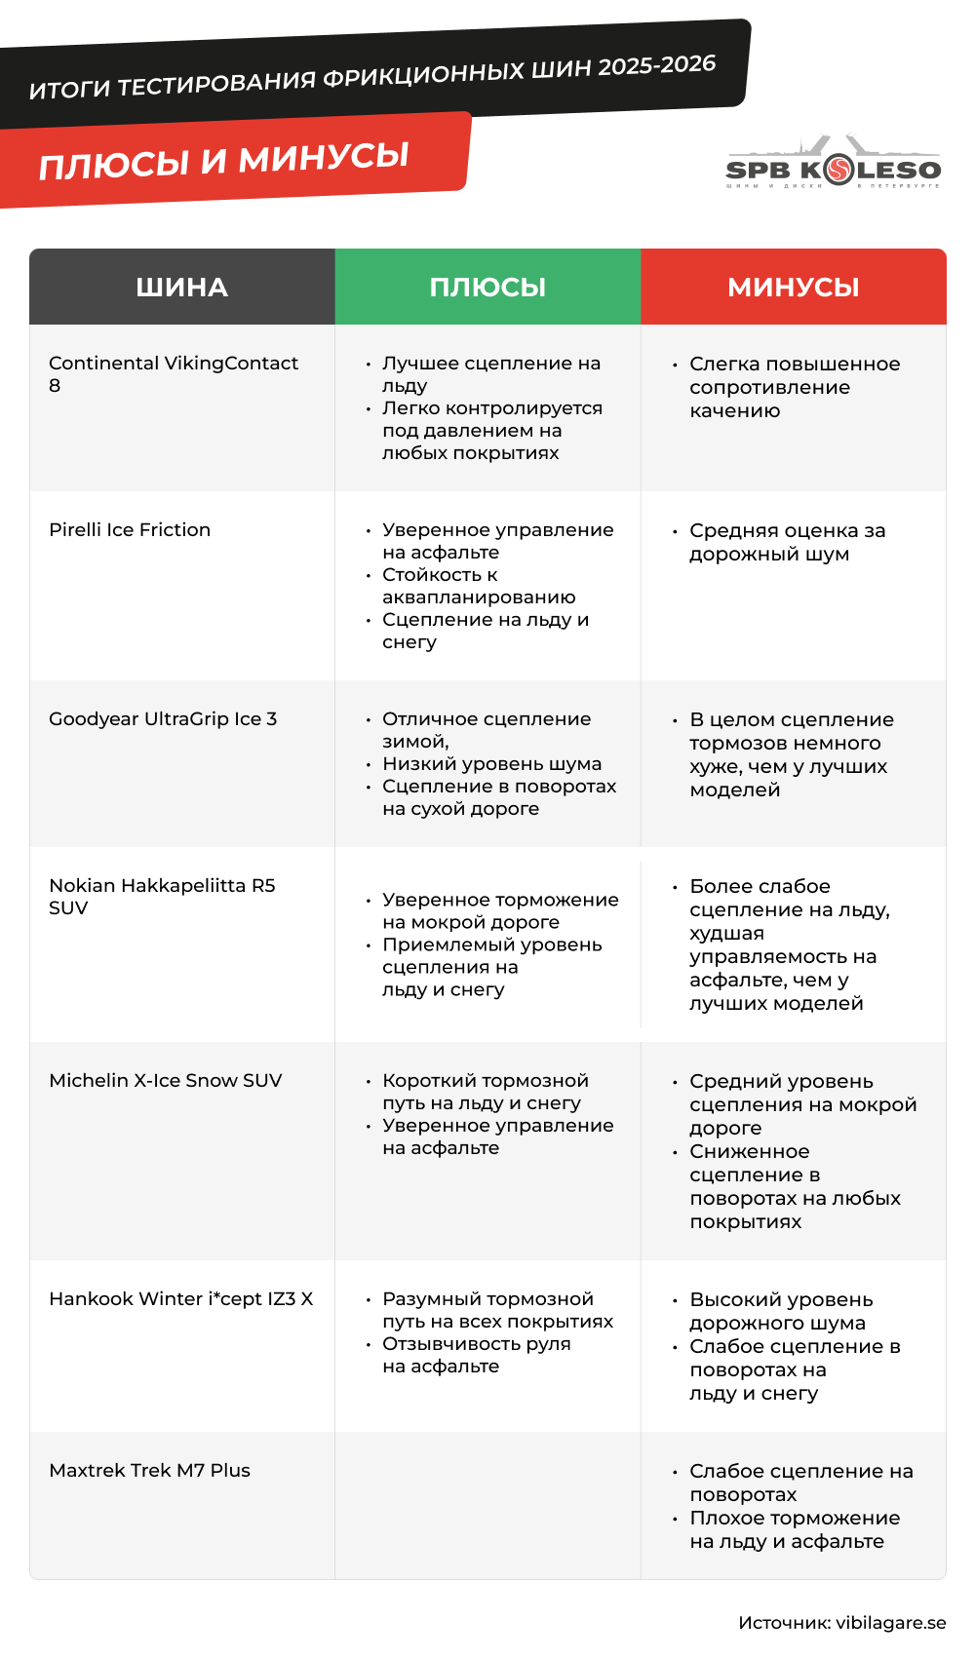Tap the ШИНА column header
182,288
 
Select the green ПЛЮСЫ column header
487,288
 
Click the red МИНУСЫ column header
794,288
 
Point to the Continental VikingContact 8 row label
173,374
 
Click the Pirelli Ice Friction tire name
130,530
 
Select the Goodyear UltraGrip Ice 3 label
163,719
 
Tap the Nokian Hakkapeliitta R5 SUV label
162,897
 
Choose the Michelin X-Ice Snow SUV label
166,1081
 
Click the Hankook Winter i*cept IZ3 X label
181,1299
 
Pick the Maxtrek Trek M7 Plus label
149,1471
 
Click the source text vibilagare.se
841,1623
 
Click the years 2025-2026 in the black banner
656,66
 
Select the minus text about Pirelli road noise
787,543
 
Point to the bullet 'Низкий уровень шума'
491,764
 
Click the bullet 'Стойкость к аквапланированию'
478,586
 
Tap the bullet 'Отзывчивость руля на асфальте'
476,1355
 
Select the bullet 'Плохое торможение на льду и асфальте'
794,1530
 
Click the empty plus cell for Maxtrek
487,1506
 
